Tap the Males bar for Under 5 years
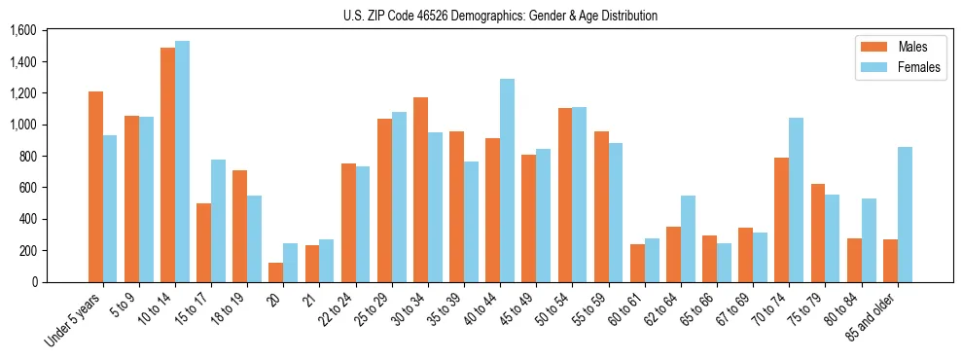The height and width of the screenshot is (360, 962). click(x=95, y=187)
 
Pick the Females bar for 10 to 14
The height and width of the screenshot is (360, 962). click(x=182, y=162)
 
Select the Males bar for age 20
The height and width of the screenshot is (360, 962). click(x=276, y=272)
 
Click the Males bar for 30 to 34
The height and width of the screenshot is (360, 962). click(x=420, y=190)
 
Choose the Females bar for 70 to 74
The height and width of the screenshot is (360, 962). click(x=797, y=199)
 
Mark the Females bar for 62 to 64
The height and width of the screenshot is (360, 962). click(x=688, y=238)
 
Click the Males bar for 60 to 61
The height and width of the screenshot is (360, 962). click(x=637, y=263)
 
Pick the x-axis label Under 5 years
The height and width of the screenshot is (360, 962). click(x=73, y=319)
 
